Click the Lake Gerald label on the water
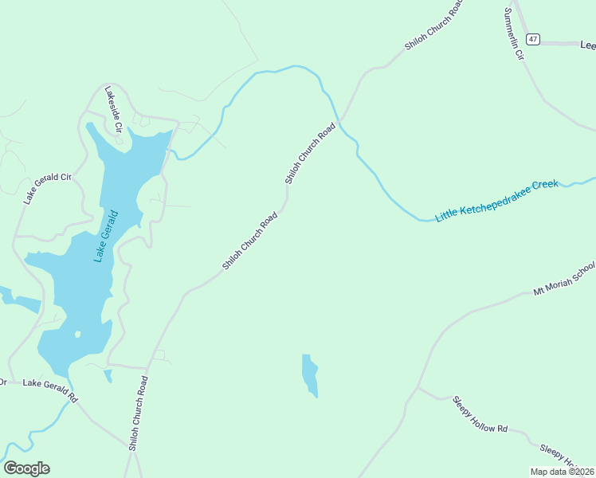105,236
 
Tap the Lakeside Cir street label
112,111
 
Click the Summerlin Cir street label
514,36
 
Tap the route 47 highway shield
533,39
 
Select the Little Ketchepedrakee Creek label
497,200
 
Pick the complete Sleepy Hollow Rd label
480,414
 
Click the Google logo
26,468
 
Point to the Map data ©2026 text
563,472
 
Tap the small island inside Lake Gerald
77,335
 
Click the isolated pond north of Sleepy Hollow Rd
310,374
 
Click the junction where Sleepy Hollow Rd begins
418,388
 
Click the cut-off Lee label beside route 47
587,46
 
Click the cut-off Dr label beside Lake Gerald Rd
3,382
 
